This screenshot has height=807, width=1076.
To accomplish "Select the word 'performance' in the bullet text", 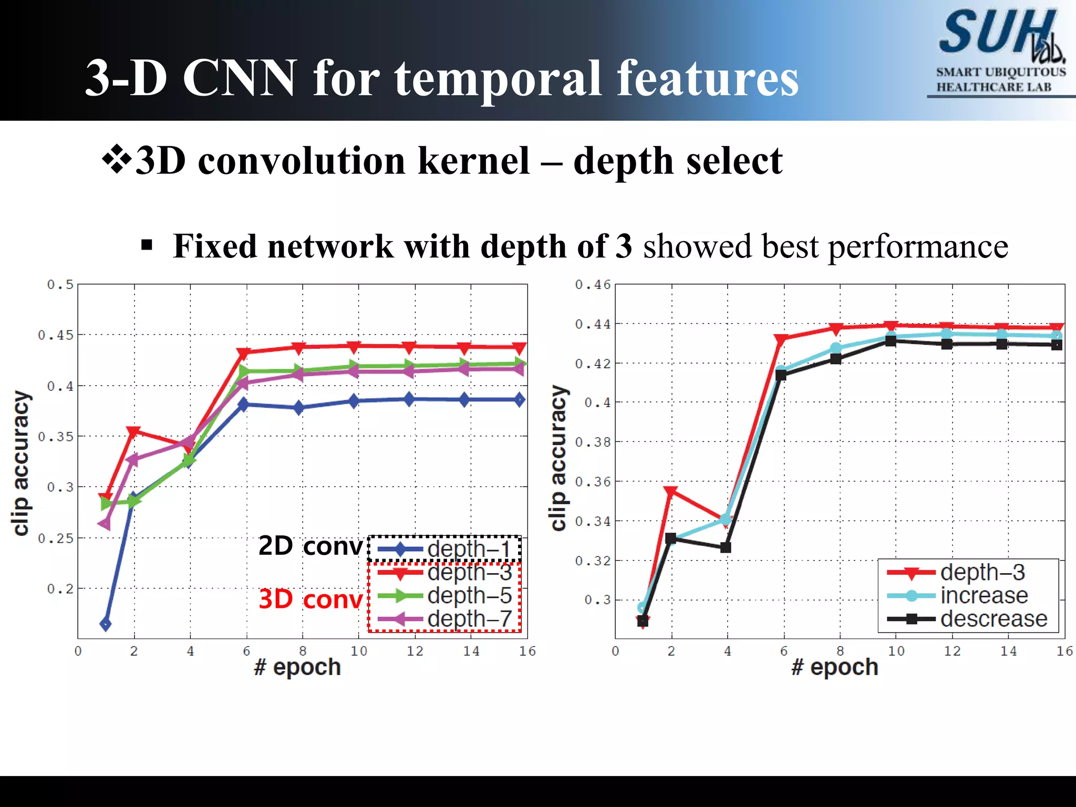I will point(918,246).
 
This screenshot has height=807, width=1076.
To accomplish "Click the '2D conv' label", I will point(311,546).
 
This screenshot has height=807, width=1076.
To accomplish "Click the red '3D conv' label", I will point(311,599).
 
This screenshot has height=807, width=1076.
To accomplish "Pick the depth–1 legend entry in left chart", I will point(444,550).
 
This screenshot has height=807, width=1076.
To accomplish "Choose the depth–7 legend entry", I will point(444,619).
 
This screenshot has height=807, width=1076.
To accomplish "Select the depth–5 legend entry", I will point(444,596).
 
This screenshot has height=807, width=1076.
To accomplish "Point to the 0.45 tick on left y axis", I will point(56,335).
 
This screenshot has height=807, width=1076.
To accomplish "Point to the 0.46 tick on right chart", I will point(593,285).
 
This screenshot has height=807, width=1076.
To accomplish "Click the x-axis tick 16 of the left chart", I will point(527,651).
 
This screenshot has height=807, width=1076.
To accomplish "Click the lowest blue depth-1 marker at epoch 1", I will point(106,624).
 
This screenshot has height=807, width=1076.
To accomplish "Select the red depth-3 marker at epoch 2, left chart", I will point(133,432).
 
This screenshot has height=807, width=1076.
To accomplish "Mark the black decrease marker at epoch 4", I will point(726,547).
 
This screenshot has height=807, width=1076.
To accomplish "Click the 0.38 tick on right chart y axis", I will point(593,442).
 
